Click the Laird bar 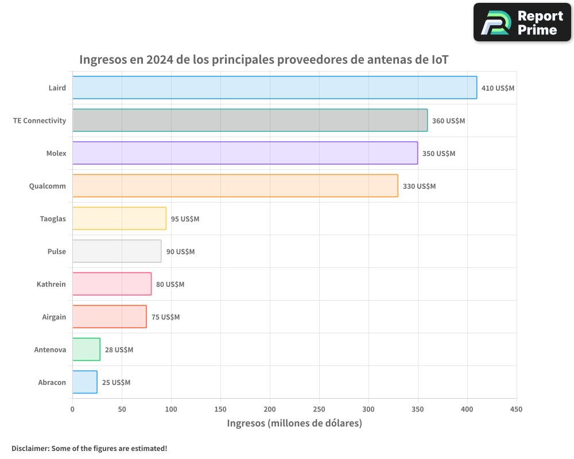click(274, 88)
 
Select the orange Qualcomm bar click(235, 186)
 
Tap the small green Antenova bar click(86, 349)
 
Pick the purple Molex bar click(245, 153)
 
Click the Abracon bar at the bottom click(85, 382)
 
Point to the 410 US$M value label click(498, 88)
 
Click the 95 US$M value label click(185, 219)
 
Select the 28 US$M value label click(119, 350)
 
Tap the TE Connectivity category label click(40, 120)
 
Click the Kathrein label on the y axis click(51, 284)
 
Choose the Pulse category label click(57, 251)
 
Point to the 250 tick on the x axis click(319, 409)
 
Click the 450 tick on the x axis click(516, 409)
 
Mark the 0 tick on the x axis click(72, 409)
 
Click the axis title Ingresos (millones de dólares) click(294, 423)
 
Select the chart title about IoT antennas click(263, 60)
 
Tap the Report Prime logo click(522, 22)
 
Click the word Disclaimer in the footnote click(30, 448)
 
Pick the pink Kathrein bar click(112, 284)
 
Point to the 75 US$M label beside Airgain click(165, 317)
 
